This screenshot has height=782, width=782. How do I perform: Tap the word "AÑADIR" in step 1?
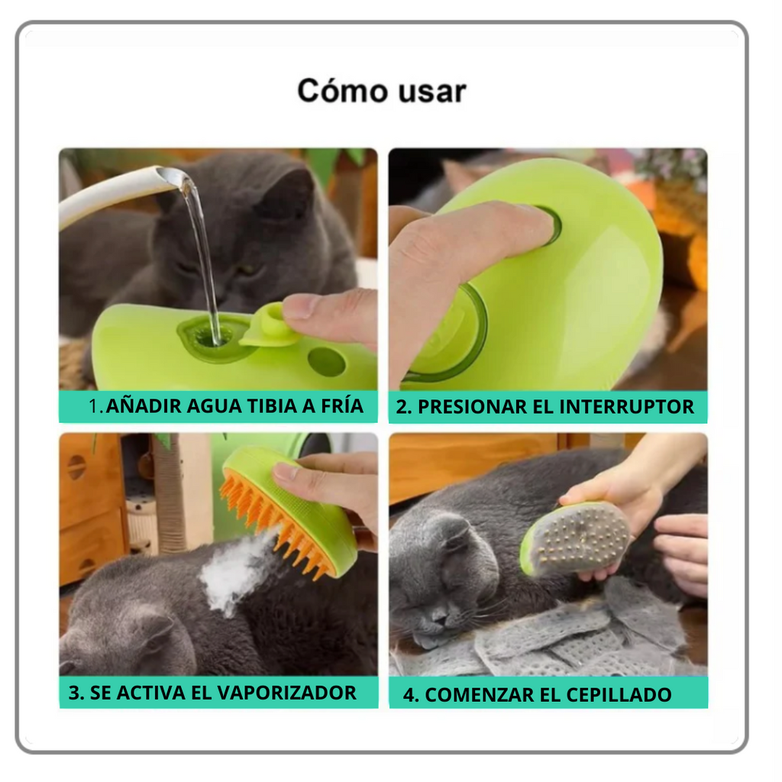click(x=144, y=406)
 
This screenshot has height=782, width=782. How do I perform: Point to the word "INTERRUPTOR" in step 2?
click(x=626, y=406)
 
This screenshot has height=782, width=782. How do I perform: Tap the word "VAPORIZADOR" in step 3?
click(x=287, y=693)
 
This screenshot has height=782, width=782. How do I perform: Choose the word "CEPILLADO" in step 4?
click(x=619, y=695)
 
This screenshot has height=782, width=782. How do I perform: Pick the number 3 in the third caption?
click(x=73, y=693)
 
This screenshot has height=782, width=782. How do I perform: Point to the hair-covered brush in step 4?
click(x=575, y=538)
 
